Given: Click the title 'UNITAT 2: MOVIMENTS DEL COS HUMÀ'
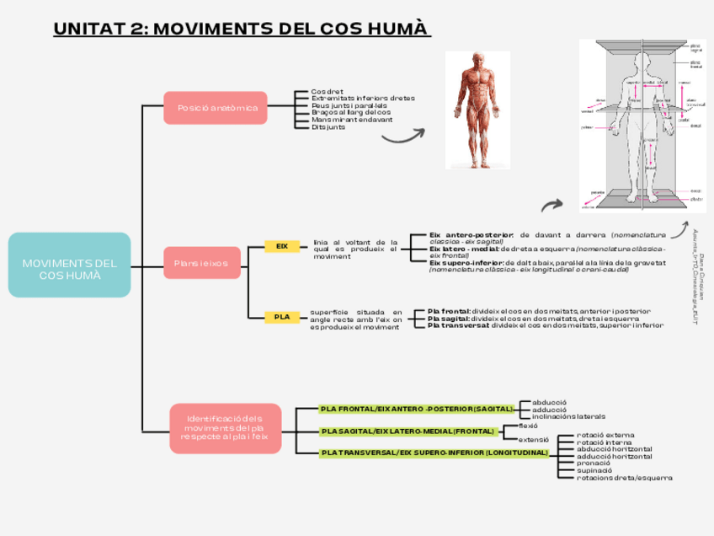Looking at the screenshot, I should coord(241,29).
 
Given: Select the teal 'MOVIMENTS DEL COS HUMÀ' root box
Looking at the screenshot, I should coord(69,265).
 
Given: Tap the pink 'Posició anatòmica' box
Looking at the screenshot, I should coord(216,108).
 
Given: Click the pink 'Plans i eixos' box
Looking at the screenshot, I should coord(202,263).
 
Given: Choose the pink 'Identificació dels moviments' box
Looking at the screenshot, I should coord(226,428).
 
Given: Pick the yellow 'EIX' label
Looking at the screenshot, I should coord(282,246).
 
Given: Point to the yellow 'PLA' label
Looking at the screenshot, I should coord(282,317).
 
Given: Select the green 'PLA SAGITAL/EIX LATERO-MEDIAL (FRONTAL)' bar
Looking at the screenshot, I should coord(408,431).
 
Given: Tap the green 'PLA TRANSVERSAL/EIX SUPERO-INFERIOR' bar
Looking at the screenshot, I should coord(434,453).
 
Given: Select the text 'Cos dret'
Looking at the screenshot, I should coord(328,91).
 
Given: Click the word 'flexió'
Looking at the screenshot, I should coord(528,426).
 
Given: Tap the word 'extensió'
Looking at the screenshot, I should coord(534,439).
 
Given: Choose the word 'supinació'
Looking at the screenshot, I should coord(595,470).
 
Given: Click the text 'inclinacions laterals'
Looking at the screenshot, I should coord(568,416).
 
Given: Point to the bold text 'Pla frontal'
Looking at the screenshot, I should coord(448,311).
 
